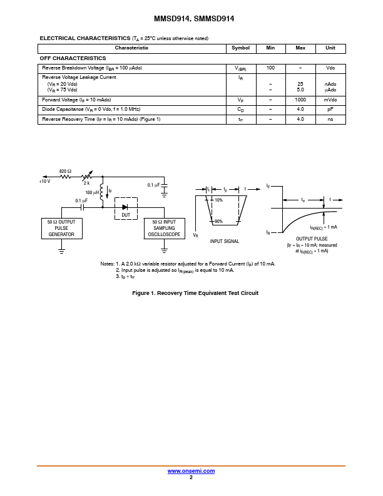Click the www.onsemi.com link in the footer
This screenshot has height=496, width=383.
pos(191,471)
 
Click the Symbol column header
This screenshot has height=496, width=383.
pos(240,48)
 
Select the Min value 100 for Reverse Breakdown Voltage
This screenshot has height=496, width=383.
pos(270,68)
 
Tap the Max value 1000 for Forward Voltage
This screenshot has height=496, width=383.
pos(300,100)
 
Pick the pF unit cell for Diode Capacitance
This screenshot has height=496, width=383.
pos(330,110)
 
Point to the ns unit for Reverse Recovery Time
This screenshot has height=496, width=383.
pos(330,119)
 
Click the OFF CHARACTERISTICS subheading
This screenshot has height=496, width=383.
pos(73,58)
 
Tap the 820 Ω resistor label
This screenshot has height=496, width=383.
pos(65,171)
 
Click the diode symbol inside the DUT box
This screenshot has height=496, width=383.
pos(125,207)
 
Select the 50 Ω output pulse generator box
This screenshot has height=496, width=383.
pos(61,228)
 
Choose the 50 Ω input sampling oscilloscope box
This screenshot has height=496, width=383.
pos(165,228)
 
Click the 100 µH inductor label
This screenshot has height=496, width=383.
pos(92,192)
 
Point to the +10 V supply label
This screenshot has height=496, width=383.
pos(44,181)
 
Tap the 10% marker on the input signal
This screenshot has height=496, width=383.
pos(218,200)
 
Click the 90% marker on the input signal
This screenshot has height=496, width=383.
pos(218,221)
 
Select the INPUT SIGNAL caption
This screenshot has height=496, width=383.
pos(225,241)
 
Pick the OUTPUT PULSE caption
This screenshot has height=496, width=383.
pos(312,239)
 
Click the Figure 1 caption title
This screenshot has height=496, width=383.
pos(195,293)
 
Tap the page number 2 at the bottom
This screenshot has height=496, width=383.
pos(191,477)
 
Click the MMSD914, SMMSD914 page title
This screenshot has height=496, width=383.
pos(194,19)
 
